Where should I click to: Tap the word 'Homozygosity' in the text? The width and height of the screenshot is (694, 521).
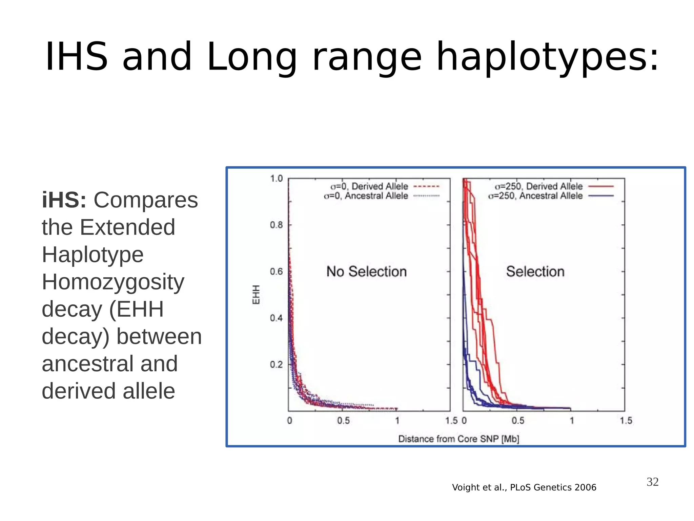point(113,282)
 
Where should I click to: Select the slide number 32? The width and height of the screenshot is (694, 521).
point(652,482)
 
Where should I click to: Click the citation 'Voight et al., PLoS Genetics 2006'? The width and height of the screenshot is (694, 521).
point(524,487)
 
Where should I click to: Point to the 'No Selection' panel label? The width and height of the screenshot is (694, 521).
point(366,272)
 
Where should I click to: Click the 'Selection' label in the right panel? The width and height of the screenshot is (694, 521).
point(535,272)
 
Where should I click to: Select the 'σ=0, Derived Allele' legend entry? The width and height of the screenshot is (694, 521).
point(369,186)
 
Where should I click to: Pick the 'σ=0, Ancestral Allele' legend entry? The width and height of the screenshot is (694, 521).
point(366,196)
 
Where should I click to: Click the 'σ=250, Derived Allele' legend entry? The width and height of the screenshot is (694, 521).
point(538,186)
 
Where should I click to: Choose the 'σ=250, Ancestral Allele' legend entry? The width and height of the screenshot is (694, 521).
point(535,196)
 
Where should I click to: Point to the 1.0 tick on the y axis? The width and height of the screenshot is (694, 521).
point(276,179)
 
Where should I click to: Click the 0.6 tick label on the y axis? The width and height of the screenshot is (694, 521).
point(276,272)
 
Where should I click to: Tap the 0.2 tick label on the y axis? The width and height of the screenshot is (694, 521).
point(276,365)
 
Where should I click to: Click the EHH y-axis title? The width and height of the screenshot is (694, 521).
point(256,295)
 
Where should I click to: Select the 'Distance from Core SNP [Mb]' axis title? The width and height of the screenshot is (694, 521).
point(458,439)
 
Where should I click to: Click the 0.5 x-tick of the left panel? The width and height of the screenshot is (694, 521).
point(343,421)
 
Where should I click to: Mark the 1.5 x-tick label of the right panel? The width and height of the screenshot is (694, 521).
point(626,421)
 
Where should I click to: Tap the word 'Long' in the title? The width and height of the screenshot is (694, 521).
point(251,57)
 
